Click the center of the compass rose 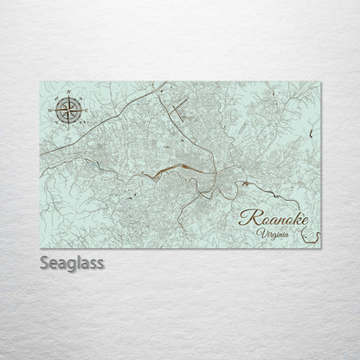pos(71,109)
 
